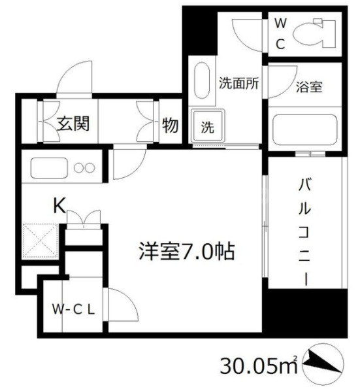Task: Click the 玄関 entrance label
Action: pos(72,124)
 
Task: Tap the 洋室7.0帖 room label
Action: pos(186,250)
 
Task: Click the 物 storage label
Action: pos(169,124)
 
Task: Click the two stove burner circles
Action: pos(84,167)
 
